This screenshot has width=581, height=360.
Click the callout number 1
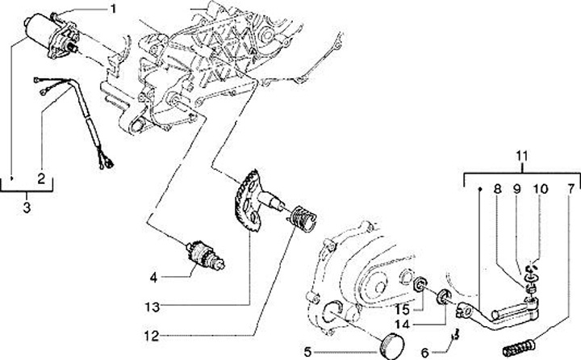tap(113, 10)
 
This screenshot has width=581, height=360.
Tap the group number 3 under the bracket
tap(27, 207)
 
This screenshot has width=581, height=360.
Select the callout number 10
tap(540, 191)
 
